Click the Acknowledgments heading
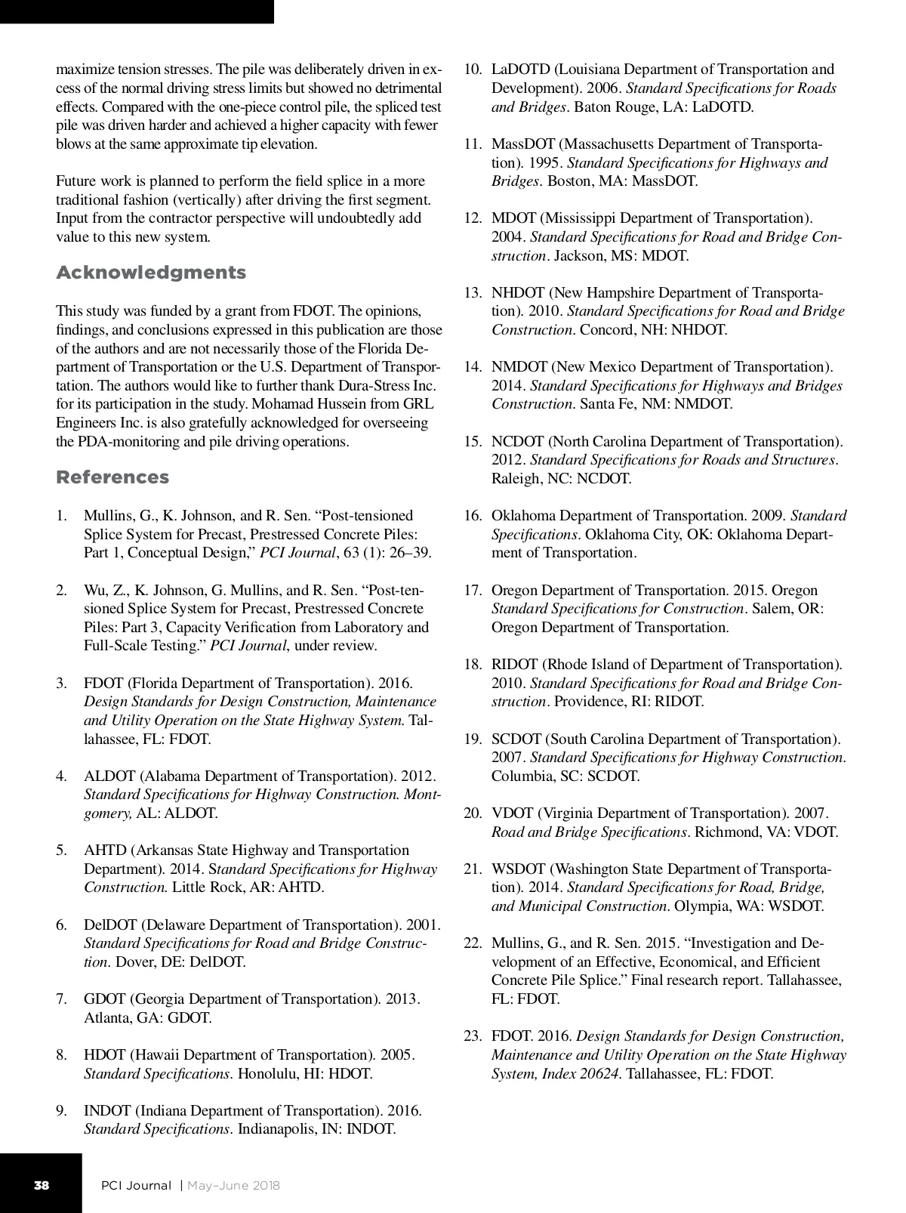151,273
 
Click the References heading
112,477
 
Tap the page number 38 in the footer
41,1185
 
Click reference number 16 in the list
473,516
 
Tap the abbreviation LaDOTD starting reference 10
520,70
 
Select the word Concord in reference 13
605,330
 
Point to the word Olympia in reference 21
700,906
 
